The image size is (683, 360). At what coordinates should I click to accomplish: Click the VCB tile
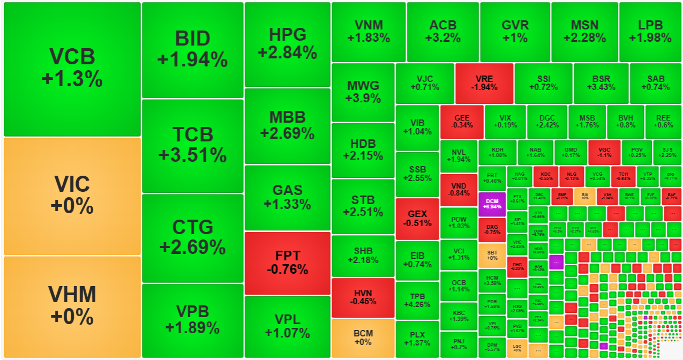[72, 69]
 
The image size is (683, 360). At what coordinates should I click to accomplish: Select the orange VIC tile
[72, 196]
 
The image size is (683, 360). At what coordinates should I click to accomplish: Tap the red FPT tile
[287, 262]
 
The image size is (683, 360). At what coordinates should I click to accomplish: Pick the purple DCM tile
[491, 204]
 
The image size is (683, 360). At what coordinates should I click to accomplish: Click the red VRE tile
[484, 83]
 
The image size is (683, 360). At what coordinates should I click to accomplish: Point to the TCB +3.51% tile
[192, 145]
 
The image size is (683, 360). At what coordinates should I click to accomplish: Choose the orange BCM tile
[363, 338]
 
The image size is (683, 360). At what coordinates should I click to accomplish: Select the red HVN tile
[363, 297]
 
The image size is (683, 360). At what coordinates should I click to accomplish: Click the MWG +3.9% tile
[363, 92]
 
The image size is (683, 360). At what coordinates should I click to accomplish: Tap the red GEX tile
[417, 219]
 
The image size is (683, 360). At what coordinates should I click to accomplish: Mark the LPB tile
[650, 32]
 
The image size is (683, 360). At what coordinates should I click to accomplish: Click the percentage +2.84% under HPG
[287, 52]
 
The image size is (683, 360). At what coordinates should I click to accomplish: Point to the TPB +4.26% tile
[417, 301]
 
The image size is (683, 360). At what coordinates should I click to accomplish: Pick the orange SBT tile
[491, 256]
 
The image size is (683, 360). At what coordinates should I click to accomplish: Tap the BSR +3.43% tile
[601, 83]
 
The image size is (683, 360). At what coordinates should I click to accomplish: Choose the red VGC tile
[604, 152]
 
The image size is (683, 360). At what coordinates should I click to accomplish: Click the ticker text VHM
[72, 295]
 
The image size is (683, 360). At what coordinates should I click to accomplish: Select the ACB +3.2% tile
[442, 32]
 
